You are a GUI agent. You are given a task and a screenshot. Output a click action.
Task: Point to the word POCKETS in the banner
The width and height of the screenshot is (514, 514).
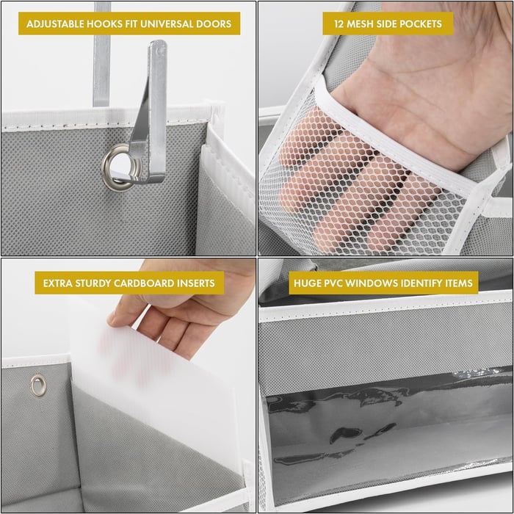[421, 24]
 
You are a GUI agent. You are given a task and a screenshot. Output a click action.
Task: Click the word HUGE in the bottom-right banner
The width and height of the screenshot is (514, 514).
[309, 282]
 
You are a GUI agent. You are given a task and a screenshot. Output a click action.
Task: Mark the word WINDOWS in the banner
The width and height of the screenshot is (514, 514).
[377, 282]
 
